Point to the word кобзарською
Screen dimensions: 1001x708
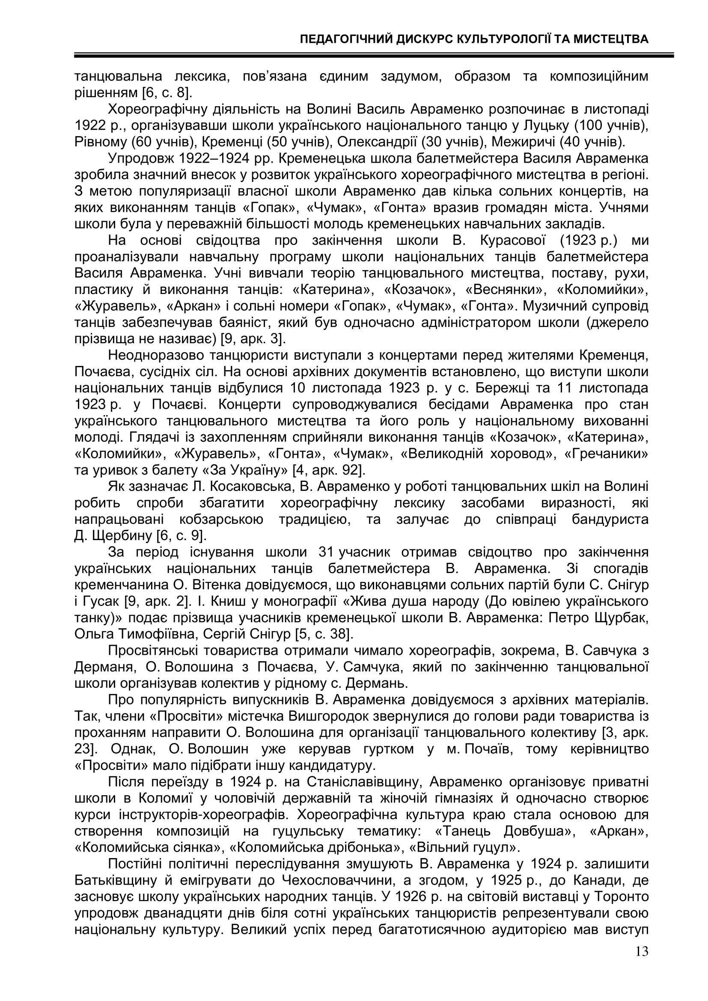pos(221,519)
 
